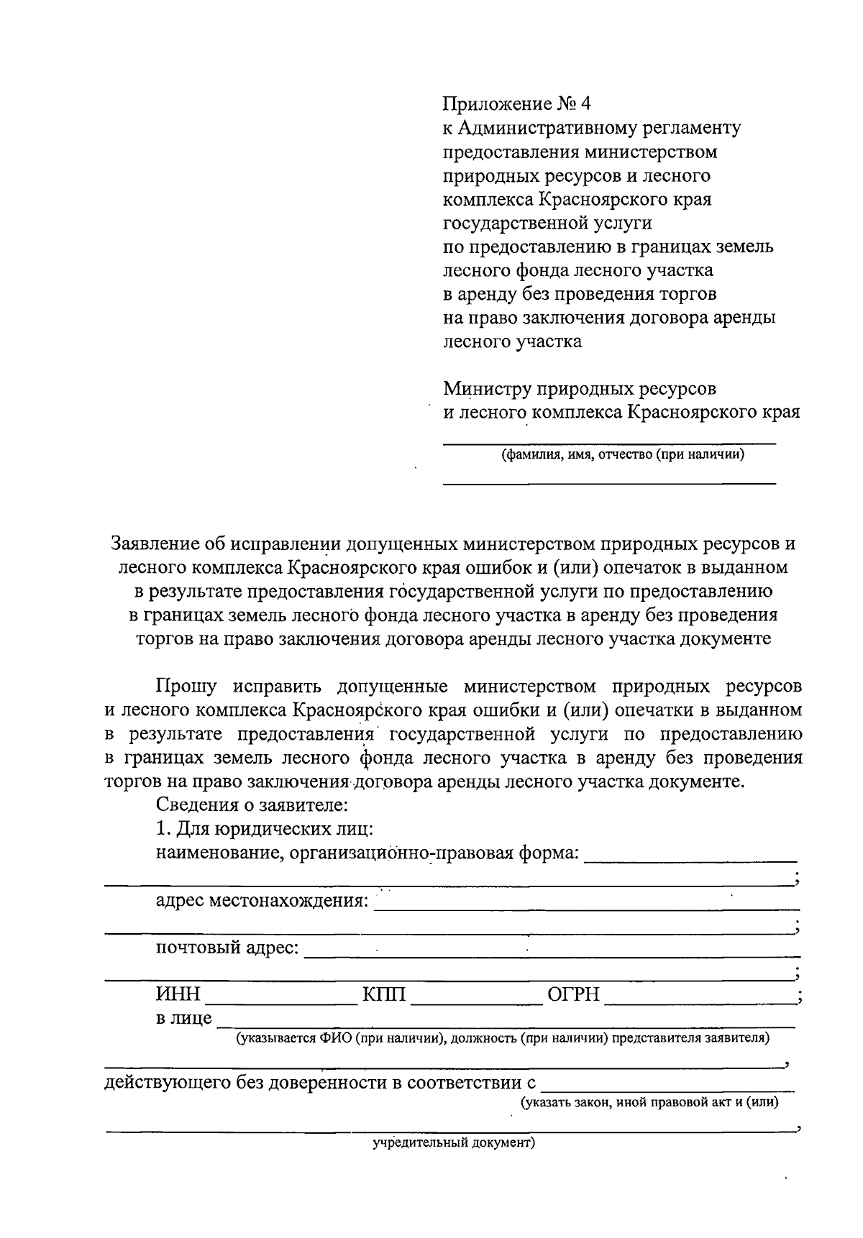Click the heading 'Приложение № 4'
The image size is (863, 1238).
[516, 104]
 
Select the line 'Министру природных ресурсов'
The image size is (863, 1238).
[580, 389]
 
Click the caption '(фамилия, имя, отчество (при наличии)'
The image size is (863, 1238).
[622, 454]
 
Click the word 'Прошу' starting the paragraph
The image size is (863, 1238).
[186, 686]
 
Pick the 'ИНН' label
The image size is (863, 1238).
[178, 996]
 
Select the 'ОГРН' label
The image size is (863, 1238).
[573, 996]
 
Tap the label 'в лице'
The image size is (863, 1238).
[184, 1018]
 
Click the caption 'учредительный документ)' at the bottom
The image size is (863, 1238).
[454, 1142]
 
